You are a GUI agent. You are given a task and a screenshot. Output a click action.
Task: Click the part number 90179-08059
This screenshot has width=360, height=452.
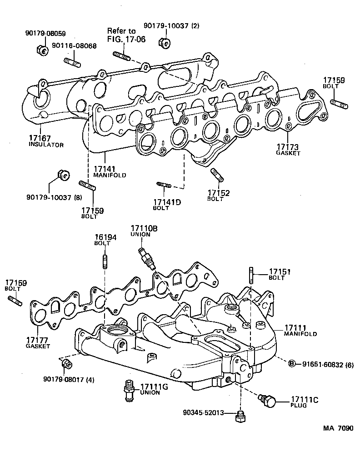tap(45, 34)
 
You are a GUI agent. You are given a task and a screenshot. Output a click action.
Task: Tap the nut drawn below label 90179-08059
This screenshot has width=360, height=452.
tap(43, 50)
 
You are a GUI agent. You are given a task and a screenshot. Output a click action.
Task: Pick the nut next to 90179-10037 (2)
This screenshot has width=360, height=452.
tap(164, 43)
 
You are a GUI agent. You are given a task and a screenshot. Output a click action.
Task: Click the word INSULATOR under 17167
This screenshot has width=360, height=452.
tap(45, 145)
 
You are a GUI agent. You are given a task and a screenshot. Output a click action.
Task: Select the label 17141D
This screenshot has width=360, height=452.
tap(166, 201)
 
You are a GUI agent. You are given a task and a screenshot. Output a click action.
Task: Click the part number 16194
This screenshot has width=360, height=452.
tap(103, 237)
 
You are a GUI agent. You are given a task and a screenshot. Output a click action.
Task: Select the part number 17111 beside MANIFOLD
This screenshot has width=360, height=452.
tap(296, 327)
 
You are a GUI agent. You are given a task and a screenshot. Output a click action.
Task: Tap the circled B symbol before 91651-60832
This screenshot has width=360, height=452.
tap(292, 363)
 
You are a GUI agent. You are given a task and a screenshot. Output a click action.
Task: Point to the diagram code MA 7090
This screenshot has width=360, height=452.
tap(338, 429)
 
